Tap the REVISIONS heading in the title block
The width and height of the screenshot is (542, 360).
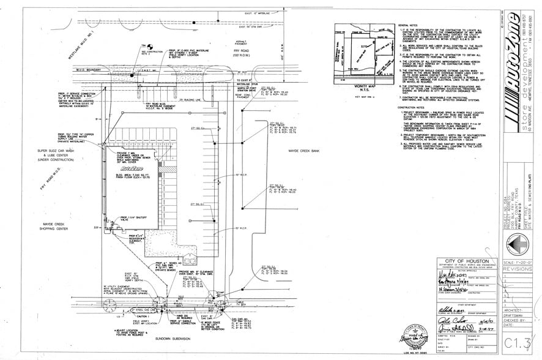518,268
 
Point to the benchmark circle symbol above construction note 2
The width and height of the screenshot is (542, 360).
145,45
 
